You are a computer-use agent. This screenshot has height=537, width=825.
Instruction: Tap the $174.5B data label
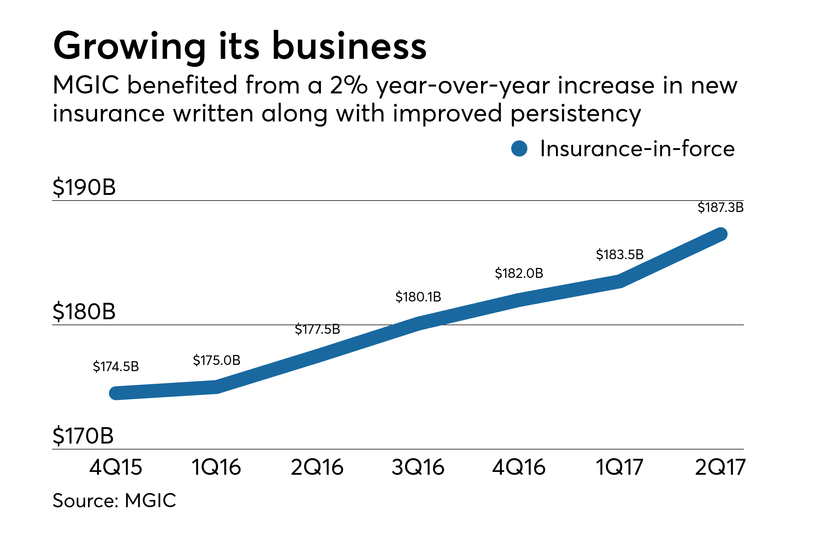click(116, 366)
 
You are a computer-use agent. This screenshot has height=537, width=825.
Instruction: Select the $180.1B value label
click(418, 297)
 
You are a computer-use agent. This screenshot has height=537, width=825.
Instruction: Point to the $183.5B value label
click(619, 254)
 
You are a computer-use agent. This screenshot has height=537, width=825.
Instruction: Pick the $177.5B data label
click(317, 329)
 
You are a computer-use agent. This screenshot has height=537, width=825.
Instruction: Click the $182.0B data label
click(519, 273)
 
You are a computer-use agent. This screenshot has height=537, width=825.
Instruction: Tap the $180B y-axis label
click(84, 311)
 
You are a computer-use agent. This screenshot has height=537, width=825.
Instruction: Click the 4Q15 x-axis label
click(116, 467)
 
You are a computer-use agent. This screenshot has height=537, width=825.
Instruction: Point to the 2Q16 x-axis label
click(317, 467)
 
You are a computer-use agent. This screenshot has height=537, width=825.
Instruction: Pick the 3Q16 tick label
click(418, 467)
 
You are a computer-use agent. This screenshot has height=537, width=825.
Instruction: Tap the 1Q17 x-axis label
click(619, 467)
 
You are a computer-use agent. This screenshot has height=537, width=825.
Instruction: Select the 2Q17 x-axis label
click(720, 467)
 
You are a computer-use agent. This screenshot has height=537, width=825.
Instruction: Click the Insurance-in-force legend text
click(637, 149)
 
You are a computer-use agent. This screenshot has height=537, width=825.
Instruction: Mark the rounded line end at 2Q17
click(721, 234)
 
